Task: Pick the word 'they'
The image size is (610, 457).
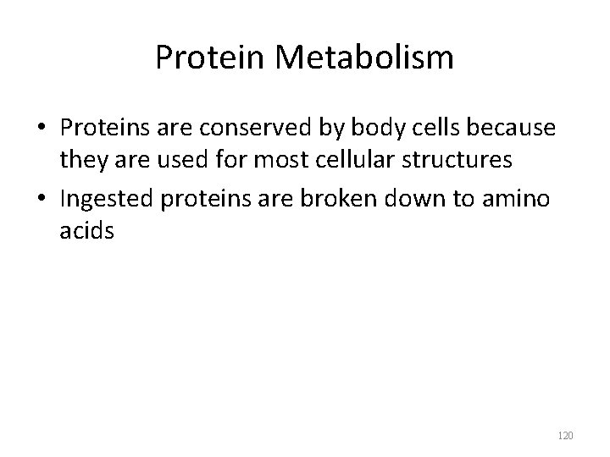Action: pos(82,161)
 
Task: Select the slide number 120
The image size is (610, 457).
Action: pos(566,435)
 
